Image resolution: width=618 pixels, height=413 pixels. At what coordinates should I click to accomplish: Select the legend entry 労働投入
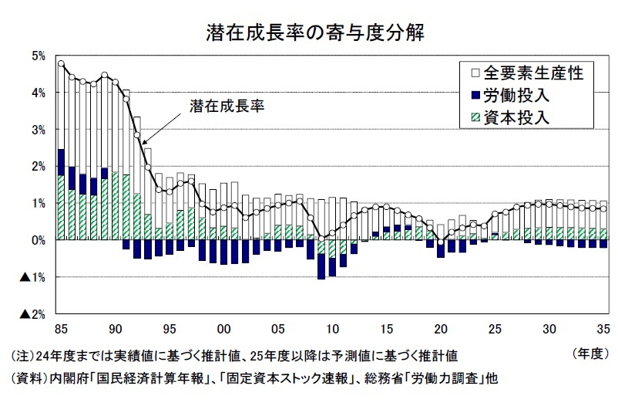click(517, 96)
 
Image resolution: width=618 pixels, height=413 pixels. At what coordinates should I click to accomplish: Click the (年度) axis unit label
click(589, 354)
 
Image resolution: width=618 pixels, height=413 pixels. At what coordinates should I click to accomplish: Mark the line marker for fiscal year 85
click(61, 63)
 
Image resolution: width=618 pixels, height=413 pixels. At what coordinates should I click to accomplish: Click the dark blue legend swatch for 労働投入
click(475, 96)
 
